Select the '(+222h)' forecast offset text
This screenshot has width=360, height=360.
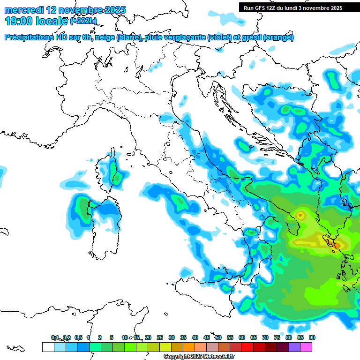pyautogui.click(x=83, y=21)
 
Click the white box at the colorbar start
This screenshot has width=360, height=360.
pyautogui.click(x=48, y=347)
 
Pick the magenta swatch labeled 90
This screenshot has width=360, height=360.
pyautogui.click(x=307, y=347)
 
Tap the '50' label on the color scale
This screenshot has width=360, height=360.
pyautogui.click(x=218, y=337)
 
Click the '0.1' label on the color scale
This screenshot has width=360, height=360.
pyautogui.click(x=55, y=337)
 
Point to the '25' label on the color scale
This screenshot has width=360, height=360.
pyautogui.click(x=160, y=337)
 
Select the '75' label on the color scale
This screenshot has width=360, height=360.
pyautogui.click(x=277, y=337)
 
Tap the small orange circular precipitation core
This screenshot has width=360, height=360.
pyautogui.click(x=300, y=216)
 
